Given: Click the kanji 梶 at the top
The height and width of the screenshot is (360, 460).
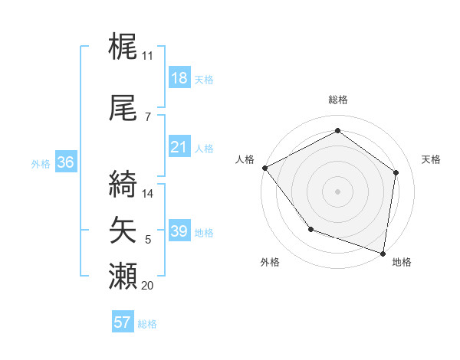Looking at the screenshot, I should click(123, 47).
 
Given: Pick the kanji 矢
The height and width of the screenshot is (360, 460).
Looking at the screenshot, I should click(123, 230).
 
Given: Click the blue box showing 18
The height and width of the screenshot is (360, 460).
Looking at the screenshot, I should click(179, 78).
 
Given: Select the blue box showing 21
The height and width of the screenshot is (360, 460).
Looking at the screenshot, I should click(179, 147).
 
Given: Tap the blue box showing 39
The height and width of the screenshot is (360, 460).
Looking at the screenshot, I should click(179, 231).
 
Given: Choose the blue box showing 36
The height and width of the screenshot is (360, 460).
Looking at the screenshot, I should click(65, 162).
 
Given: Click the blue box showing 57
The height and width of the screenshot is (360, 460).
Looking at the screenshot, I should click(123, 322).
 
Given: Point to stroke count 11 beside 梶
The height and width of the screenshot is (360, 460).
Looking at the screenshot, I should click(147, 56).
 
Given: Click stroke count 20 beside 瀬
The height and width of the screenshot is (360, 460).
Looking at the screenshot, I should click(147, 286).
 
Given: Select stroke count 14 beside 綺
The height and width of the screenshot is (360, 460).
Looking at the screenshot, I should click(148, 194).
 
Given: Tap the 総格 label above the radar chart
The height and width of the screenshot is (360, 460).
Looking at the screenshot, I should click(338, 100).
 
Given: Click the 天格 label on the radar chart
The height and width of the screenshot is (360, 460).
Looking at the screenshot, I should click(431, 159).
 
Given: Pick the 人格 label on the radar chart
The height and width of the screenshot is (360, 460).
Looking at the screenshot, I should click(245, 159).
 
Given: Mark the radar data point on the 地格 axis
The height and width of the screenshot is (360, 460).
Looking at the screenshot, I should click(383, 253).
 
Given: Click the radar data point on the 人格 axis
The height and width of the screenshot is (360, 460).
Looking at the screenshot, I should click(264, 167).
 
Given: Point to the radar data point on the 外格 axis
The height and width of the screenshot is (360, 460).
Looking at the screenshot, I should click(310, 229).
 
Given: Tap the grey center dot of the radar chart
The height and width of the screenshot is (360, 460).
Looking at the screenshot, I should click(338, 191).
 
